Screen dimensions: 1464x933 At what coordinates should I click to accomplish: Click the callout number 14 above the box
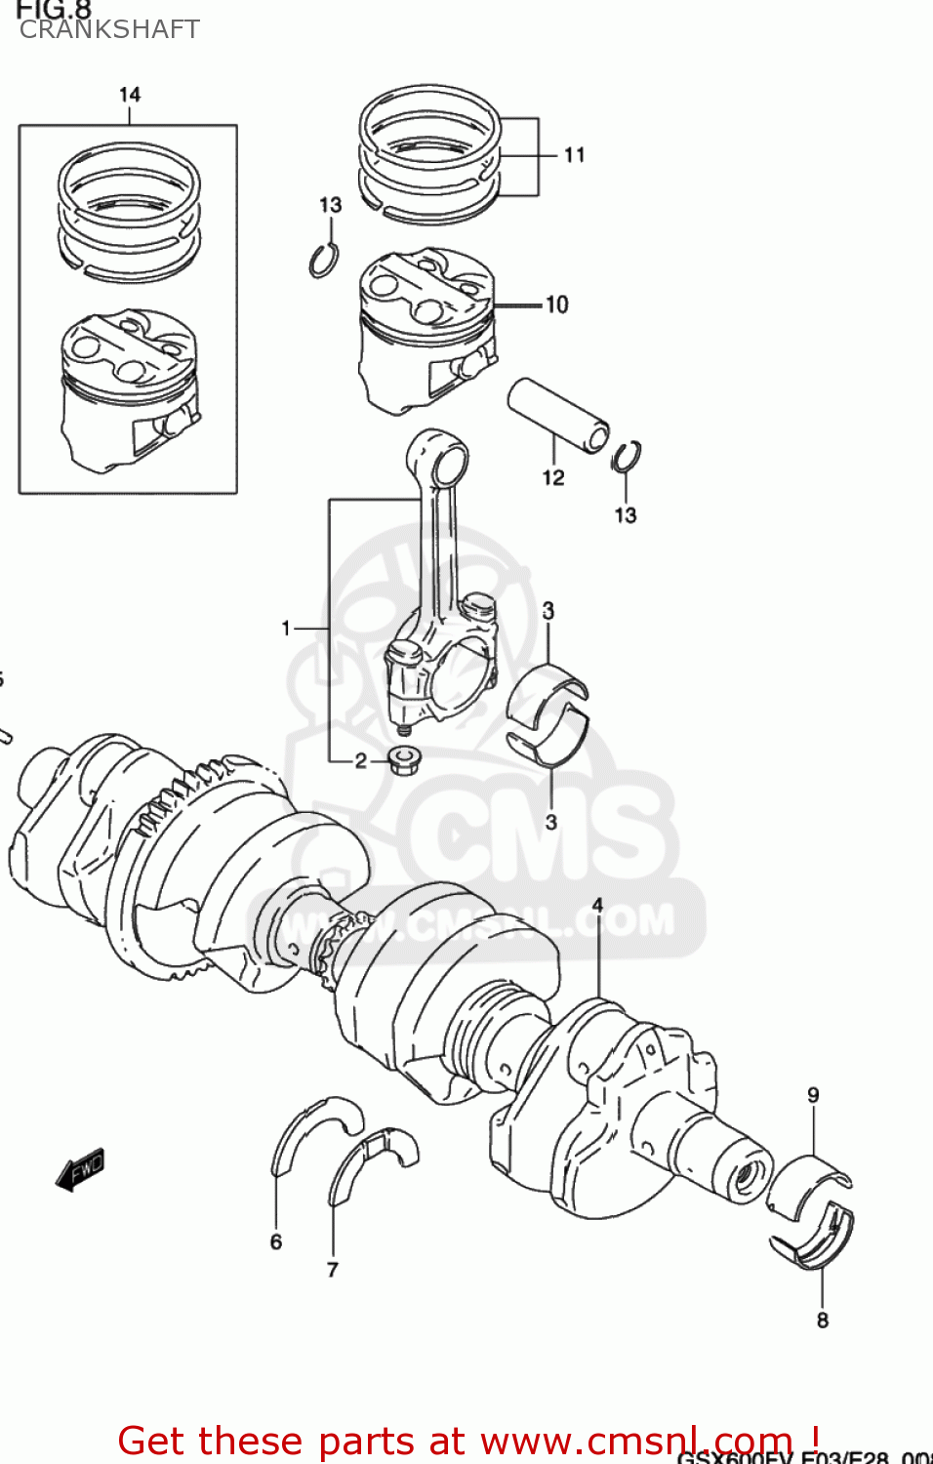[x=130, y=95]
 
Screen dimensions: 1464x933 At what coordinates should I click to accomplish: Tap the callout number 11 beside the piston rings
[x=574, y=155]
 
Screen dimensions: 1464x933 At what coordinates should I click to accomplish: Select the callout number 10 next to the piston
[x=556, y=305]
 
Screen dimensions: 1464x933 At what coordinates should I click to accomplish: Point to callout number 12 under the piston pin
[x=553, y=477]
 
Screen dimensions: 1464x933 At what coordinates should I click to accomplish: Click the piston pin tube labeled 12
[x=558, y=416]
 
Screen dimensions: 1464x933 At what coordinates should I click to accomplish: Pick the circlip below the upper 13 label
[x=324, y=260]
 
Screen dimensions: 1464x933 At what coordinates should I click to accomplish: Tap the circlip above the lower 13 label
[x=627, y=456]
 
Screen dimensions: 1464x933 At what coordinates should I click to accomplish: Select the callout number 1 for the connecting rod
[x=285, y=629]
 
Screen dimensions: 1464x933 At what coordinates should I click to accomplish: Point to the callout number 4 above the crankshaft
[x=597, y=905]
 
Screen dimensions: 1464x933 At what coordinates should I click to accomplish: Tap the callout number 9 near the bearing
[x=813, y=1095]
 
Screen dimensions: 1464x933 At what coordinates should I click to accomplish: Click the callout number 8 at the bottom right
[x=823, y=1321]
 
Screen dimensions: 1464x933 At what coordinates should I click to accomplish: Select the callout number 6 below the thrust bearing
[x=276, y=1241]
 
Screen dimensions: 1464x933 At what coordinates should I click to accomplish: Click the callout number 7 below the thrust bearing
[x=333, y=1269]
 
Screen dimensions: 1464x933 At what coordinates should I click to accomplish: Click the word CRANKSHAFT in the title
[x=109, y=29]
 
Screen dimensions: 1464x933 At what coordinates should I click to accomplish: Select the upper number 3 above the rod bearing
[x=548, y=611]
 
